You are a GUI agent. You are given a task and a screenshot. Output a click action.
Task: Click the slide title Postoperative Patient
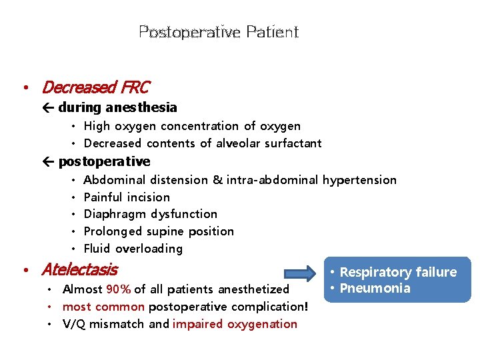tap(219, 32)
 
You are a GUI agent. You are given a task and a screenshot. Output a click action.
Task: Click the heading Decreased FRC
tap(95, 87)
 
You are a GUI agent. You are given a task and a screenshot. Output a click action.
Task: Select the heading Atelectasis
tap(79, 270)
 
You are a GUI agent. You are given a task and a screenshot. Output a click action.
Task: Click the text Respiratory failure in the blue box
tap(398, 272)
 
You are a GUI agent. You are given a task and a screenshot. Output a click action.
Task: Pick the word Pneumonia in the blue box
tap(375, 288)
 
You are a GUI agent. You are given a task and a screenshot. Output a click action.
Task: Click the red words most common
tap(103, 307)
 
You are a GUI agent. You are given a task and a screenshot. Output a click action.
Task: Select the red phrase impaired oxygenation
tap(235, 324)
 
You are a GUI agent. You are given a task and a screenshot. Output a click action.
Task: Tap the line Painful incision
tap(127, 197)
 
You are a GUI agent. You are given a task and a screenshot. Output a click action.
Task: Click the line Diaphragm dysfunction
tap(150, 214)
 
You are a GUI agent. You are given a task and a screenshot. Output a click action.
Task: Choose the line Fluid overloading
tap(133, 249)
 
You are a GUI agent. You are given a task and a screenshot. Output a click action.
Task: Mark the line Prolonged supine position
tap(159, 231)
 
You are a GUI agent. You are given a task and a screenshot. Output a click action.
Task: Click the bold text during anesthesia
tap(117, 107)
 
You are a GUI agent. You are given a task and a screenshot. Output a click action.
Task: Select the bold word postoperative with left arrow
tap(104, 161)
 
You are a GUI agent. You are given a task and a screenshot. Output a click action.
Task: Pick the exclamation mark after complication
tap(306, 307)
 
